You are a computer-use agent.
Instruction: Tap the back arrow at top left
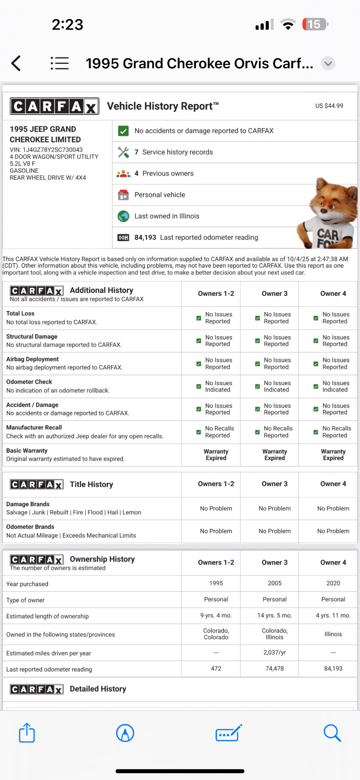click(16, 63)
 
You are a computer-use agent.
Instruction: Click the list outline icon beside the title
click(60, 63)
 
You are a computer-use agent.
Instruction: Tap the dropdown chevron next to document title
click(328, 63)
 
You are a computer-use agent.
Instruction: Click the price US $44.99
click(329, 106)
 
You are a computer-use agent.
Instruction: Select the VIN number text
click(46, 150)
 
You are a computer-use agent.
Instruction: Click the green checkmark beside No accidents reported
click(123, 131)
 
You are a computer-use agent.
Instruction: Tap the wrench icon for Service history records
click(123, 152)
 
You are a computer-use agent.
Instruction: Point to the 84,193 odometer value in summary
click(145, 237)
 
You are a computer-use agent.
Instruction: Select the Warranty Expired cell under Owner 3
click(275, 455)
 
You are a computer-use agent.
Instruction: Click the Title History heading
click(91, 484)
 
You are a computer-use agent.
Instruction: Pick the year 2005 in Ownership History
click(275, 583)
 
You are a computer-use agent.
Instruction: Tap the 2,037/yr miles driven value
click(275, 652)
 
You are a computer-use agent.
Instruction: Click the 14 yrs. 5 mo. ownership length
click(275, 616)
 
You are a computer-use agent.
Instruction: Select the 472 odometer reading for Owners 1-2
click(216, 668)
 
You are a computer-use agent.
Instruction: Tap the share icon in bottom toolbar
click(27, 733)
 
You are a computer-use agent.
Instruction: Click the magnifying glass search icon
click(332, 733)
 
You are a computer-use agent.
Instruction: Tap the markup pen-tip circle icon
click(125, 733)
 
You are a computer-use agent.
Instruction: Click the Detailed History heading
click(98, 689)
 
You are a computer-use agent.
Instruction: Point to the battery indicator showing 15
click(315, 24)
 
